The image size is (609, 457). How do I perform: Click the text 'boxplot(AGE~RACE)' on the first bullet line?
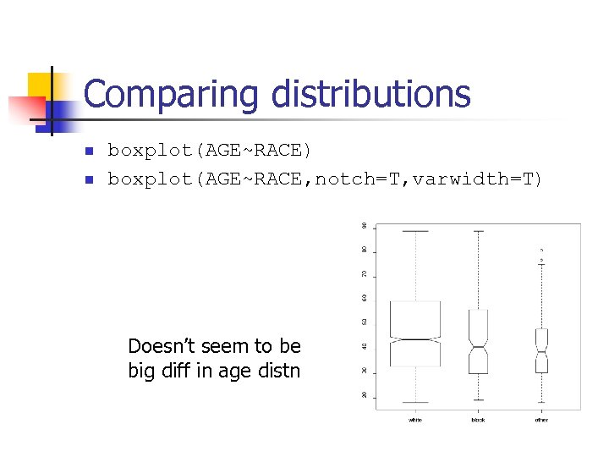[x=209, y=151]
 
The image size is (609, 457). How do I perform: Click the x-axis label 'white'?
[x=415, y=420]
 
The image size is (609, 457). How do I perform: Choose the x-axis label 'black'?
[x=478, y=420]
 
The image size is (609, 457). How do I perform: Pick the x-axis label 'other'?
[x=541, y=420]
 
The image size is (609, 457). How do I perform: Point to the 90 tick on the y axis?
[x=365, y=226]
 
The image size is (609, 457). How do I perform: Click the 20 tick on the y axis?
[x=365, y=395]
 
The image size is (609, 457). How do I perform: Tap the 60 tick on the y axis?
[x=365, y=298]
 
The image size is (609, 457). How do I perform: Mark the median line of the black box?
[x=478, y=347]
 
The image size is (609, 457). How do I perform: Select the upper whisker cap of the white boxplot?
[x=415, y=231]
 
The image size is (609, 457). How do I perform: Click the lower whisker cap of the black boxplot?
[x=478, y=399]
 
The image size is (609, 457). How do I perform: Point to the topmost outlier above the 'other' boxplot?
[x=541, y=251]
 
